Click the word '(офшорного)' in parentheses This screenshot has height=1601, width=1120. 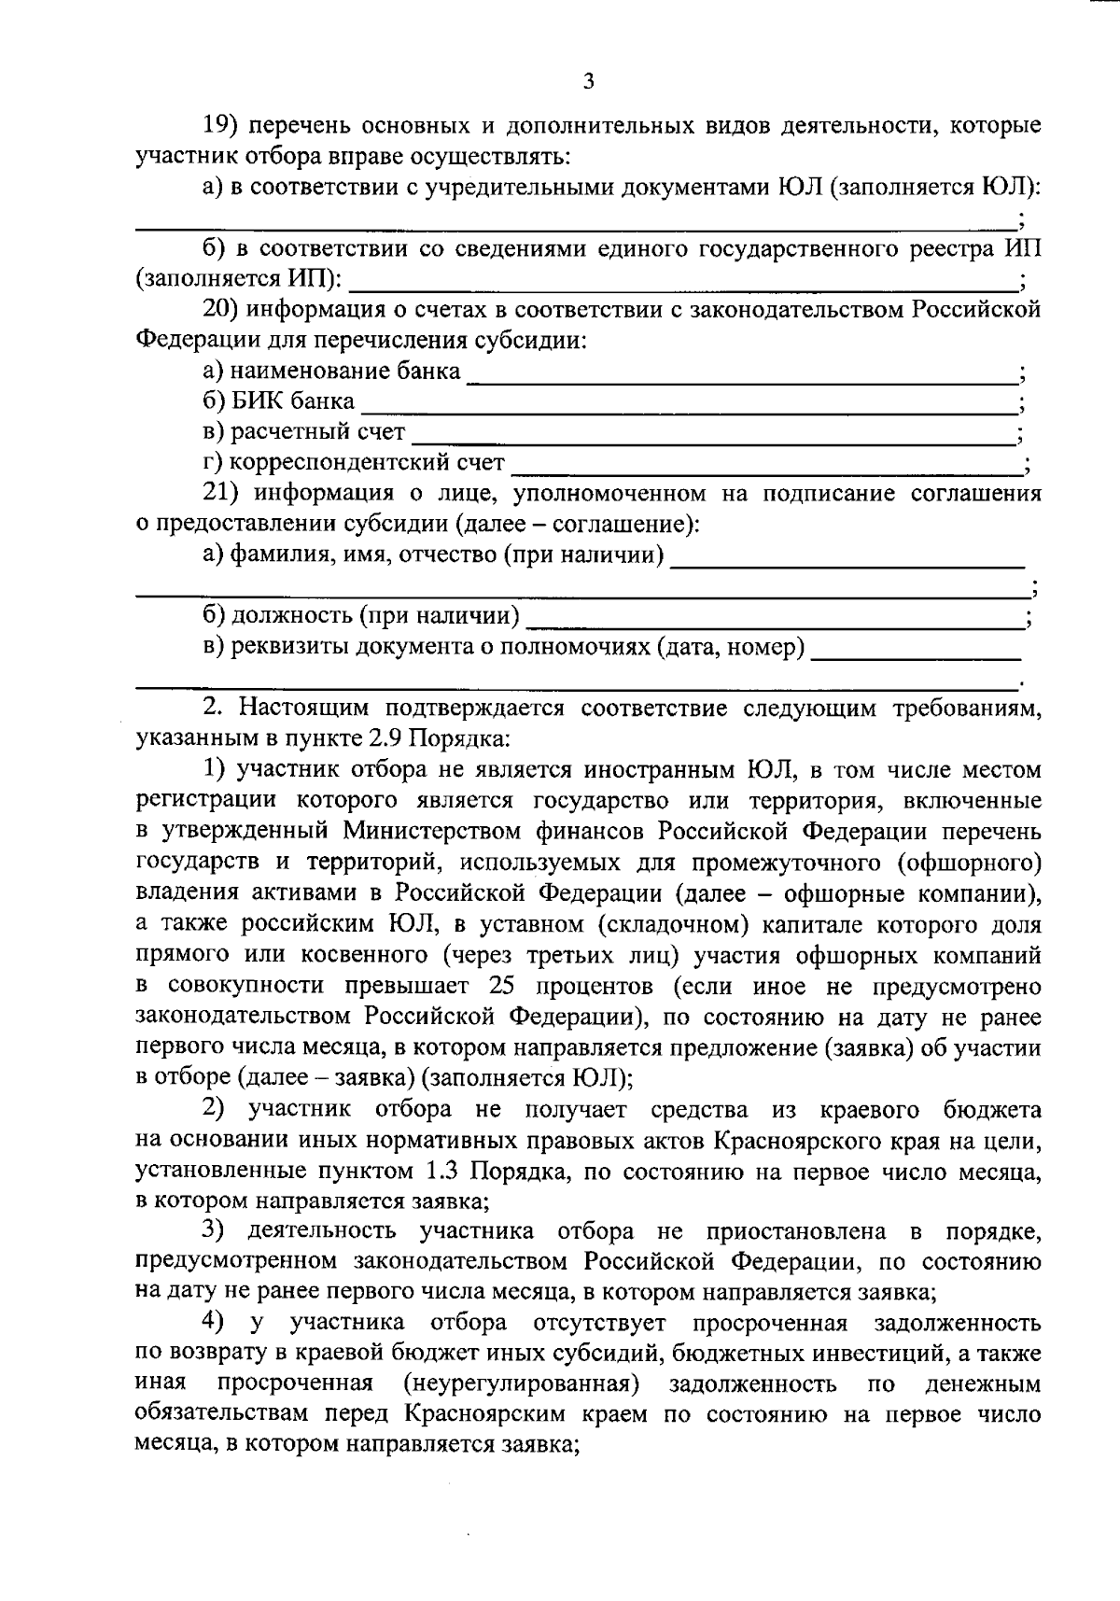pyautogui.click(x=976, y=862)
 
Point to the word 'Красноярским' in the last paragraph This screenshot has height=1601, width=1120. pyautogui.click(x=484, y=1414)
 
